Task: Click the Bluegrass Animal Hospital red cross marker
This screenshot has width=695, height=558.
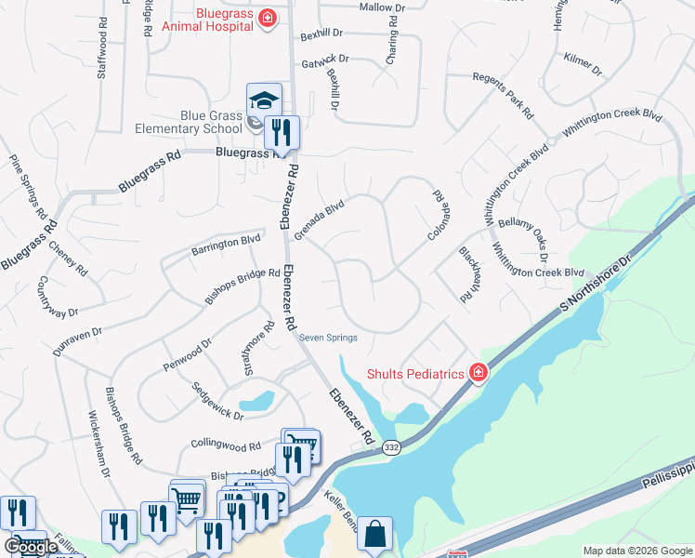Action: coord(267,19)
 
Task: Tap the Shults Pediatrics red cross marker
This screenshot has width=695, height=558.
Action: coord(478,373)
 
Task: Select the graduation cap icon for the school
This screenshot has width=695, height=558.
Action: coord(264,100)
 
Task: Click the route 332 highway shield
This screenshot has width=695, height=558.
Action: coord(390,447)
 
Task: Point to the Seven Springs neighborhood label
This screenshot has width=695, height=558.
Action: coord(328,338)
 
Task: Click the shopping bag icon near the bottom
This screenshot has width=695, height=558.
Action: coord(374,534)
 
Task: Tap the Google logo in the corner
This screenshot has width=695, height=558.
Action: coord(31,547)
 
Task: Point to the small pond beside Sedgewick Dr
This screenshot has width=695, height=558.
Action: coord(256,402)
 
